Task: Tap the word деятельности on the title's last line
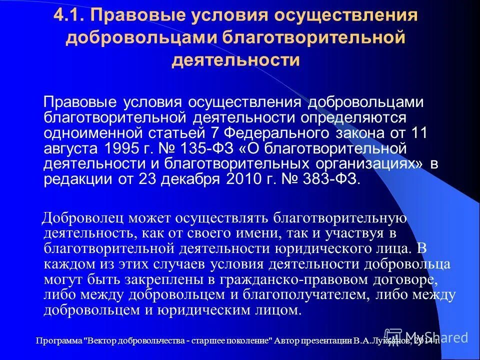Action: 236,60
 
